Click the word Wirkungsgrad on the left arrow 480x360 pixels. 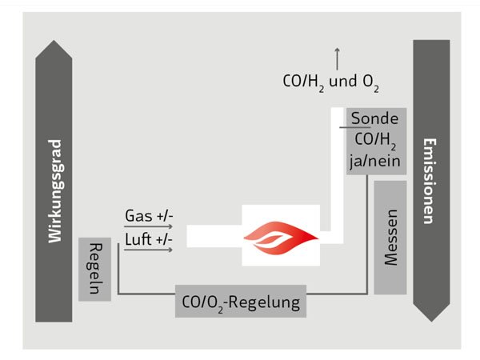coord(54,191)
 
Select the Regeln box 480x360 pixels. coord(94,268)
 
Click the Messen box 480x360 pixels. coord(390,237)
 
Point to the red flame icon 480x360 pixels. coord(281,234)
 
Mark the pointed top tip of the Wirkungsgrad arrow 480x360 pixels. coord(54,41)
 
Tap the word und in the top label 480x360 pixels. coord(343,81)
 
